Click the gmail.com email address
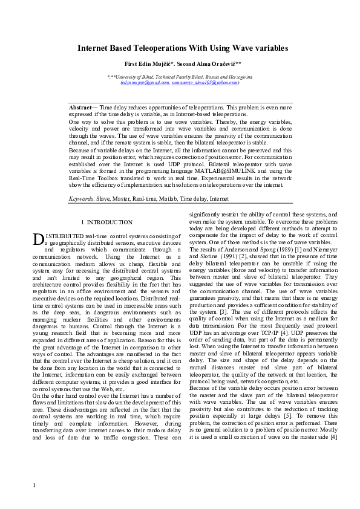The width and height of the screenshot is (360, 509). [146, 82]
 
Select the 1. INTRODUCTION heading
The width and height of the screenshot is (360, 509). [107, 223]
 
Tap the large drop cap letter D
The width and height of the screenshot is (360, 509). [36, 240]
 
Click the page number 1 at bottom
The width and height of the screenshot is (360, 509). [34, 485]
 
